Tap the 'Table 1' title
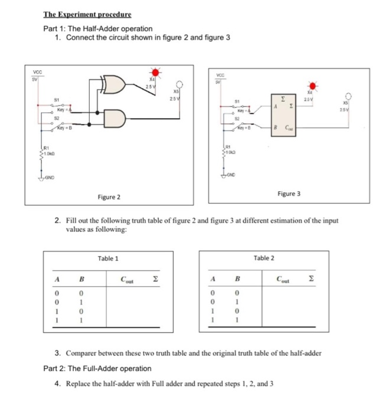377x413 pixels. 108,258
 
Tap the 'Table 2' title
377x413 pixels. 264,258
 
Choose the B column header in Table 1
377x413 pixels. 82,279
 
